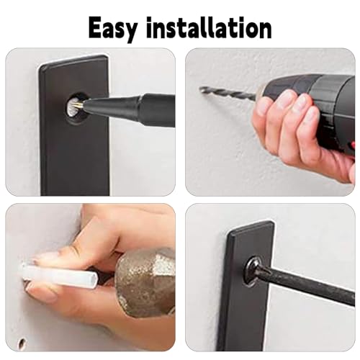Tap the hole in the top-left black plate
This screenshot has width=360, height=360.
[76, 109]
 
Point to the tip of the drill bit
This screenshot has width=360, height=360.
[201, 89]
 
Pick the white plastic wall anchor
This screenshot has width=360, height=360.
[60, 275]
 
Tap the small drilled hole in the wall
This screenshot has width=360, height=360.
[22, 341]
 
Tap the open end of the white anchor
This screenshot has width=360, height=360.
[94, 279]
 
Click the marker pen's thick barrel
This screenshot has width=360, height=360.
[157, 110]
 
